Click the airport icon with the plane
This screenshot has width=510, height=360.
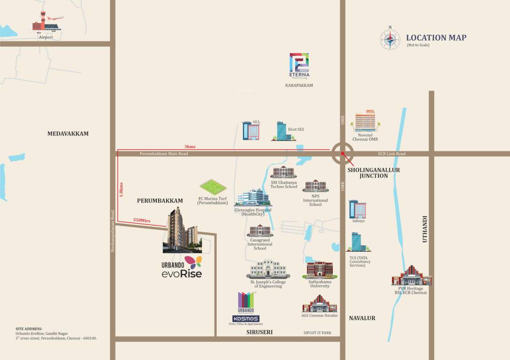pyautogui.click(x=47, y=22)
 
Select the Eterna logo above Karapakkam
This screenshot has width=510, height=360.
pyautogui.click(x=299, y=65)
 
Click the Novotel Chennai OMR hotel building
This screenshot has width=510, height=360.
pyautogui.click(x=365, y=121)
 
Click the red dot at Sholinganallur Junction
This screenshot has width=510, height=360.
pyautogui.click(x=343, y=153)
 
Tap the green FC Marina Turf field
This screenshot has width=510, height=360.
pyautogui.click(x=213, y=187)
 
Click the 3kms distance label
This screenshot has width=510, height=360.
pyautogui.click(x=190, y=147)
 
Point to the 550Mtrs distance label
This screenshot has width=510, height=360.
pyautogui.click(x=142, y=220)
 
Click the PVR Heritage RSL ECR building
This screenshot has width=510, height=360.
pyautogui.click(x=411, y=276)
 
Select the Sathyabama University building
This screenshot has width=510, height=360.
pyautogui.click(x=320, y=270)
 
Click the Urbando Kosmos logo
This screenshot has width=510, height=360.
pyautogui.click(x=246, y=307)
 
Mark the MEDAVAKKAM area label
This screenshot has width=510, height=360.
pyautogui.click(x=68, y=134)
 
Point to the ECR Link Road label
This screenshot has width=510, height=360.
pyautogui.click(x=392, y=154)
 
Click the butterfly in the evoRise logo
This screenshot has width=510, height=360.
pyautogui.click(x=193, y=262)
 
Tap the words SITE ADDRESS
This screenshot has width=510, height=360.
pyautogui.click(x=29, y=329)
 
